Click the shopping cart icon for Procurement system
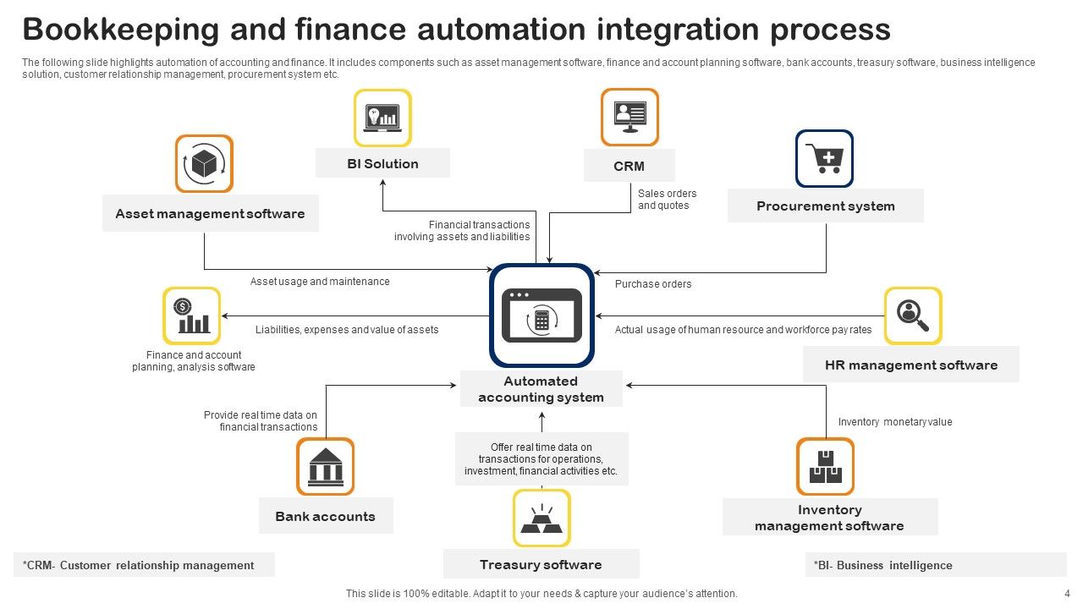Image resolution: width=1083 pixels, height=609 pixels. [x=824, y=158]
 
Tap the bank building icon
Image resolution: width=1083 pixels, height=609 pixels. [x=325, y=466]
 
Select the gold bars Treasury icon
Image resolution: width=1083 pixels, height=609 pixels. [x=541, y=518]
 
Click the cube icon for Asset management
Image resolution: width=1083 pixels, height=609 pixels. [x=204, y=163]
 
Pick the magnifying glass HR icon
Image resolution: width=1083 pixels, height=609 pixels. [x=913, y=315]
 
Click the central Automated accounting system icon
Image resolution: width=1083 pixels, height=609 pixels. [x=541, y=315]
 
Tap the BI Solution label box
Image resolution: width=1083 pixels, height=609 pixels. [x=382, y=163]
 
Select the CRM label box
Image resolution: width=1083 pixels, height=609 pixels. [x=629, y=166]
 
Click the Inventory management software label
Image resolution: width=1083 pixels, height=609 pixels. [x=829, y=518]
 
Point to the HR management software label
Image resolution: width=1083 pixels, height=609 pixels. [x=910, y=365]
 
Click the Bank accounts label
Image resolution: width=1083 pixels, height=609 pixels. [x=325, y=516]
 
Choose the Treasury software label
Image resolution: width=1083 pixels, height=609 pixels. [x=541, y=564]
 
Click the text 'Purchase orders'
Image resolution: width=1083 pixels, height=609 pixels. [x=652, y=284]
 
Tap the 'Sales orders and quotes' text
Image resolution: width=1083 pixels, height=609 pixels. [x=667, y=200]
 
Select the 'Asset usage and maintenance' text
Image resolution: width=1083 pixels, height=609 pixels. [x=320, y=282]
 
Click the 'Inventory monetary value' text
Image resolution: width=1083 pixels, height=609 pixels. [x=894, y=422]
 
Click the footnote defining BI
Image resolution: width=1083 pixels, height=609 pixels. [x=882, y=565]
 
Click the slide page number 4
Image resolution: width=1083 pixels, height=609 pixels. [x=1066, y=594]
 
